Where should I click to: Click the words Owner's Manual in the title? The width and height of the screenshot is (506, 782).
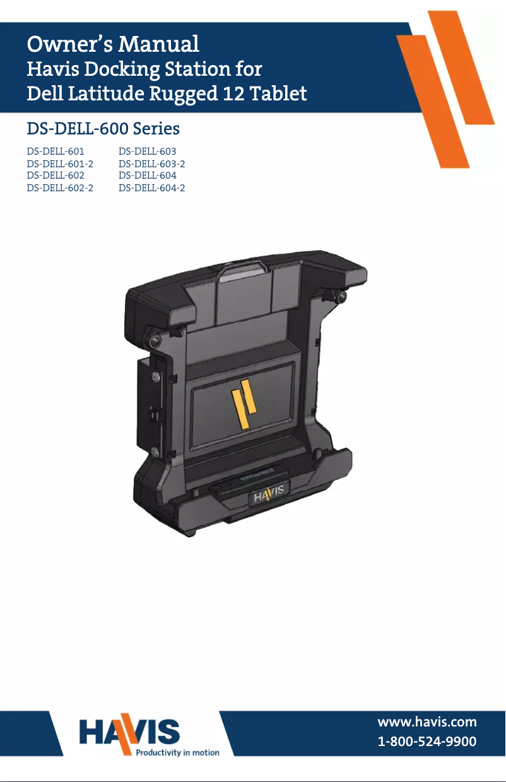coord(113,44)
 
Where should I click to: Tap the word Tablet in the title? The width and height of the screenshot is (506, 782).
coord(278,94)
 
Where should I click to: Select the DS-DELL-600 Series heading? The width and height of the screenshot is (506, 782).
coord(103,129)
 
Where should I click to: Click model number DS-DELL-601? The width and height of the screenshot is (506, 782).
coord(56,151)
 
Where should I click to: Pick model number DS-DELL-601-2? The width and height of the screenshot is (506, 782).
coord(60,163)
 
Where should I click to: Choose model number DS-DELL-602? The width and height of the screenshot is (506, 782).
coord(56,175)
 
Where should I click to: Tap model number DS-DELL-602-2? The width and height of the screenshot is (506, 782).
coord(60,187)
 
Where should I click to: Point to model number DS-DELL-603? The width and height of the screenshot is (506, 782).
coord(147,151)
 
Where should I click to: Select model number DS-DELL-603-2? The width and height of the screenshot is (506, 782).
coord(151,163)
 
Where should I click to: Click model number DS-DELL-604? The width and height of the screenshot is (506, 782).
coord(147,175)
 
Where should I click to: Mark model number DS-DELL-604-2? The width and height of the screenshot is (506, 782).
coord(151,187)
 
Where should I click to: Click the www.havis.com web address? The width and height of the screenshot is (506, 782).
coord(427,722)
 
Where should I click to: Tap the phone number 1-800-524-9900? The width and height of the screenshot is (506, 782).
coord(427,742)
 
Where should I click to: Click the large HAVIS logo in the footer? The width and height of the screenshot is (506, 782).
coord(129,732)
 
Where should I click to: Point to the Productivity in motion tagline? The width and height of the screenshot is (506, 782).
coord(178,752)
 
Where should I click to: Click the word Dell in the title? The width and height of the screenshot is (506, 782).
coord(44,94)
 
